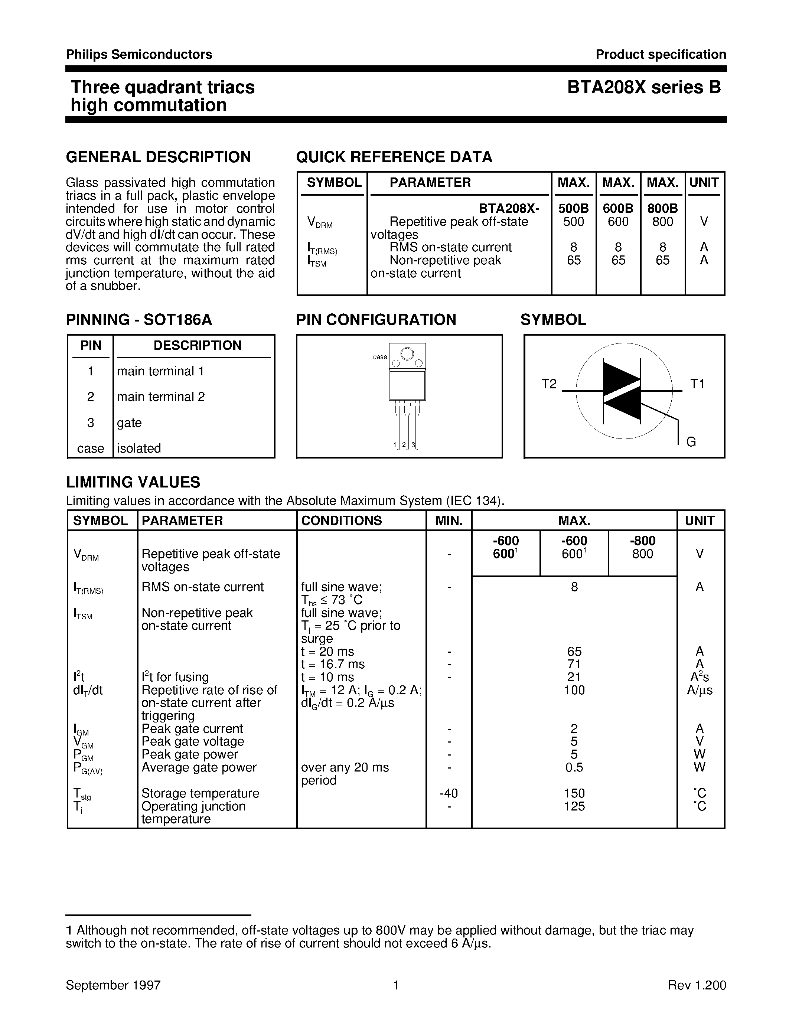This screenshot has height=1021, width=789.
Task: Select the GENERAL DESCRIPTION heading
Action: click(x=159, y=157)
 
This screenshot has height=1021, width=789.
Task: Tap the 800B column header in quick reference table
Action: click(x=662, y=209)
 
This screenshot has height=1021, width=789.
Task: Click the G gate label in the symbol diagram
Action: click(x=691, y=442)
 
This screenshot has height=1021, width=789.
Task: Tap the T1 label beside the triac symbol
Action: click(x=697, y=384)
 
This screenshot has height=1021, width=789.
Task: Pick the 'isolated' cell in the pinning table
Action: click(x=139, y=448)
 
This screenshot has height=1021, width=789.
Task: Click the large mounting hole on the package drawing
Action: click(x=407, y=354)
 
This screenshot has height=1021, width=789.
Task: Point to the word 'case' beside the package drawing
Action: click(x=380, y=357)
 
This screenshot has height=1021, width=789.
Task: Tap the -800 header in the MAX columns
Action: click(x=642, y=541)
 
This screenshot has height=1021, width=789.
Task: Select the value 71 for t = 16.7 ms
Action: click(x=574, y=664)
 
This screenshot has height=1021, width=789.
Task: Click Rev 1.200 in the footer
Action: click(x=697, y=985)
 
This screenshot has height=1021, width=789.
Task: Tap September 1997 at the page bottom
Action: click(x=113, y=985)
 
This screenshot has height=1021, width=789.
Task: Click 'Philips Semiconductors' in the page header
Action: click(x=139, y=55)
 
